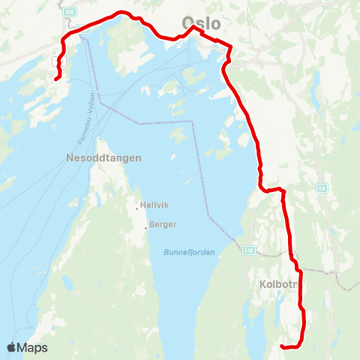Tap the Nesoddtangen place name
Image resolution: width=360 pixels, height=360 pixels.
pyautogui.click(x=104, y=159)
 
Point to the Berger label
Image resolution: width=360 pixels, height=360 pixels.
pyautogui.click(x=163, y=224)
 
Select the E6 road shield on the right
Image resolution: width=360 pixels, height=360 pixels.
pyautogui.click(x=322, y=187)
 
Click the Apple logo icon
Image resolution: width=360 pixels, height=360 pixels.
pyautogui.click(x=11, y=347)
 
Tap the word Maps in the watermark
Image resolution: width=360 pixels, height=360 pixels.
pyautogui.click(x=33, y=347)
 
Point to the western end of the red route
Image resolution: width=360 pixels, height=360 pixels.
pyautogui.click(x=56, y=78)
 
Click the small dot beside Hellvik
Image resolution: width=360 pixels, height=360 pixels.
pyautogui.click(x=137, y=208)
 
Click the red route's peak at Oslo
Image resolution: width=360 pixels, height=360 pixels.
pyautogui.click(x=193, y=27)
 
